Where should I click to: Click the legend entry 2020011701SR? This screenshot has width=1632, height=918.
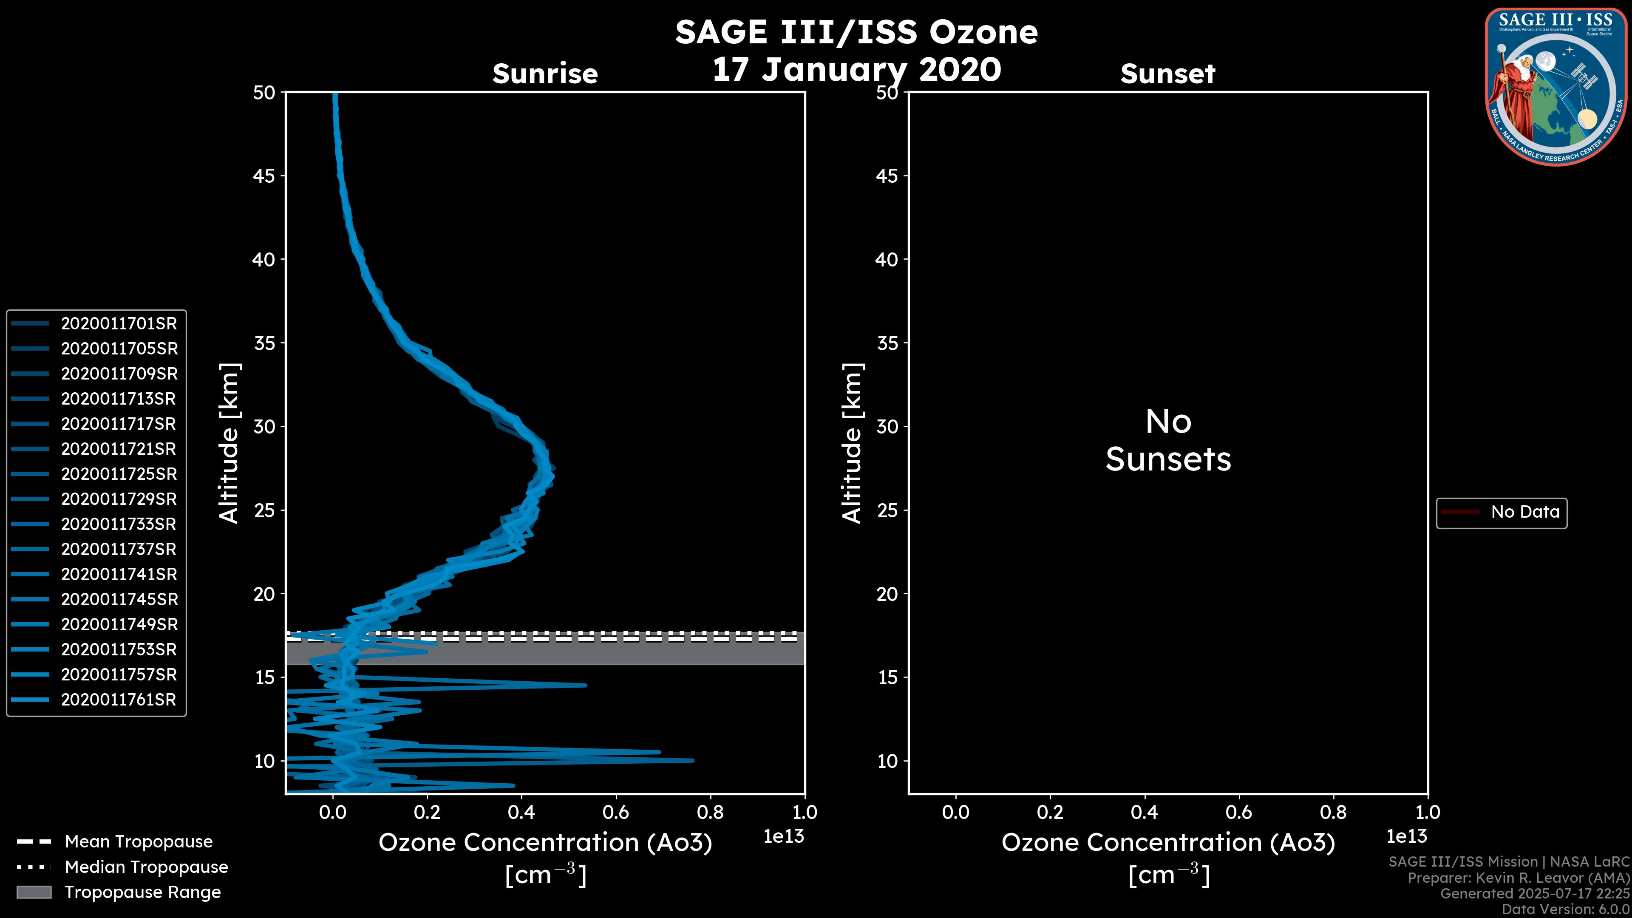[119, 324]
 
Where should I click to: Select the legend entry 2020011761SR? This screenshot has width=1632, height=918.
[119, 700]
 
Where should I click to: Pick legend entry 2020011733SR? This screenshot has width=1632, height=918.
[119, 524]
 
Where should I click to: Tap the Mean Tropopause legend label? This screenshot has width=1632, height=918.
[139, 842]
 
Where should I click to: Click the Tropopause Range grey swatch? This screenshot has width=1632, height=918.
[34, 892]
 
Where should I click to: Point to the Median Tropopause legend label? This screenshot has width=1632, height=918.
[146, 867]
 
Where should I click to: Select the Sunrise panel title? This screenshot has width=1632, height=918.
[545, 74]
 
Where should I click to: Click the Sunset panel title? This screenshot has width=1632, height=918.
[1167, 74]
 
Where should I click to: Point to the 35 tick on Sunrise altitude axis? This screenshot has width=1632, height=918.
[264, 343]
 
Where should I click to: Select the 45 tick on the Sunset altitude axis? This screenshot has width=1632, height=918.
[887, 176]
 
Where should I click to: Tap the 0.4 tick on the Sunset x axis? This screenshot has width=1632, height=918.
[1144, 812]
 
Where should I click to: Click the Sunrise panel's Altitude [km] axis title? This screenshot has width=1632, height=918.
[229, 443]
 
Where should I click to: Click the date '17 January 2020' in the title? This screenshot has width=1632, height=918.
[856, 70]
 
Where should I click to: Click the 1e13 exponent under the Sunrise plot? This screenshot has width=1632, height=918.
[784, 836]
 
